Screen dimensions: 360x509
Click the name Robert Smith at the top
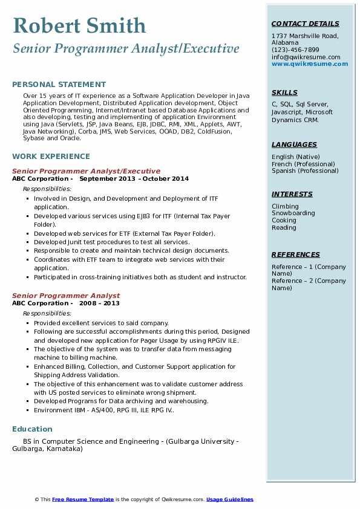pos(79,25)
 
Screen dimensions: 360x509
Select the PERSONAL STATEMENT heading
pos(59,85)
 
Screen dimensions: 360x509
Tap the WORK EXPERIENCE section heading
pos(51,156)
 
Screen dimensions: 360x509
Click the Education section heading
pos(32,429)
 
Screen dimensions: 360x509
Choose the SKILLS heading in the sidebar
pos(284,92)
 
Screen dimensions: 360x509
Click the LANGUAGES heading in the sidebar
pos(294,144)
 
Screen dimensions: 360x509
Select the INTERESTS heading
pos(292,194)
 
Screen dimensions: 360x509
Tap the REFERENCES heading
pos(295,254)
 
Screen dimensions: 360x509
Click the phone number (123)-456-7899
pos(295,50)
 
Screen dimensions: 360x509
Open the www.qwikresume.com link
pos(306,63)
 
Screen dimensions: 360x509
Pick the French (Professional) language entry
pos(303,164)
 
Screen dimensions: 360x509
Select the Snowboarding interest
pos(293,213)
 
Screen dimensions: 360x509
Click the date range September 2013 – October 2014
pos(134,179)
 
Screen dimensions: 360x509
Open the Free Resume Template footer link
pos(83,499)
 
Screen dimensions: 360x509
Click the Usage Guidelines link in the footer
pos(229,499)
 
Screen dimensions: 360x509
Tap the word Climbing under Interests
pos(285,206)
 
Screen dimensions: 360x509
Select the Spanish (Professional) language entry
pos(305,171)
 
